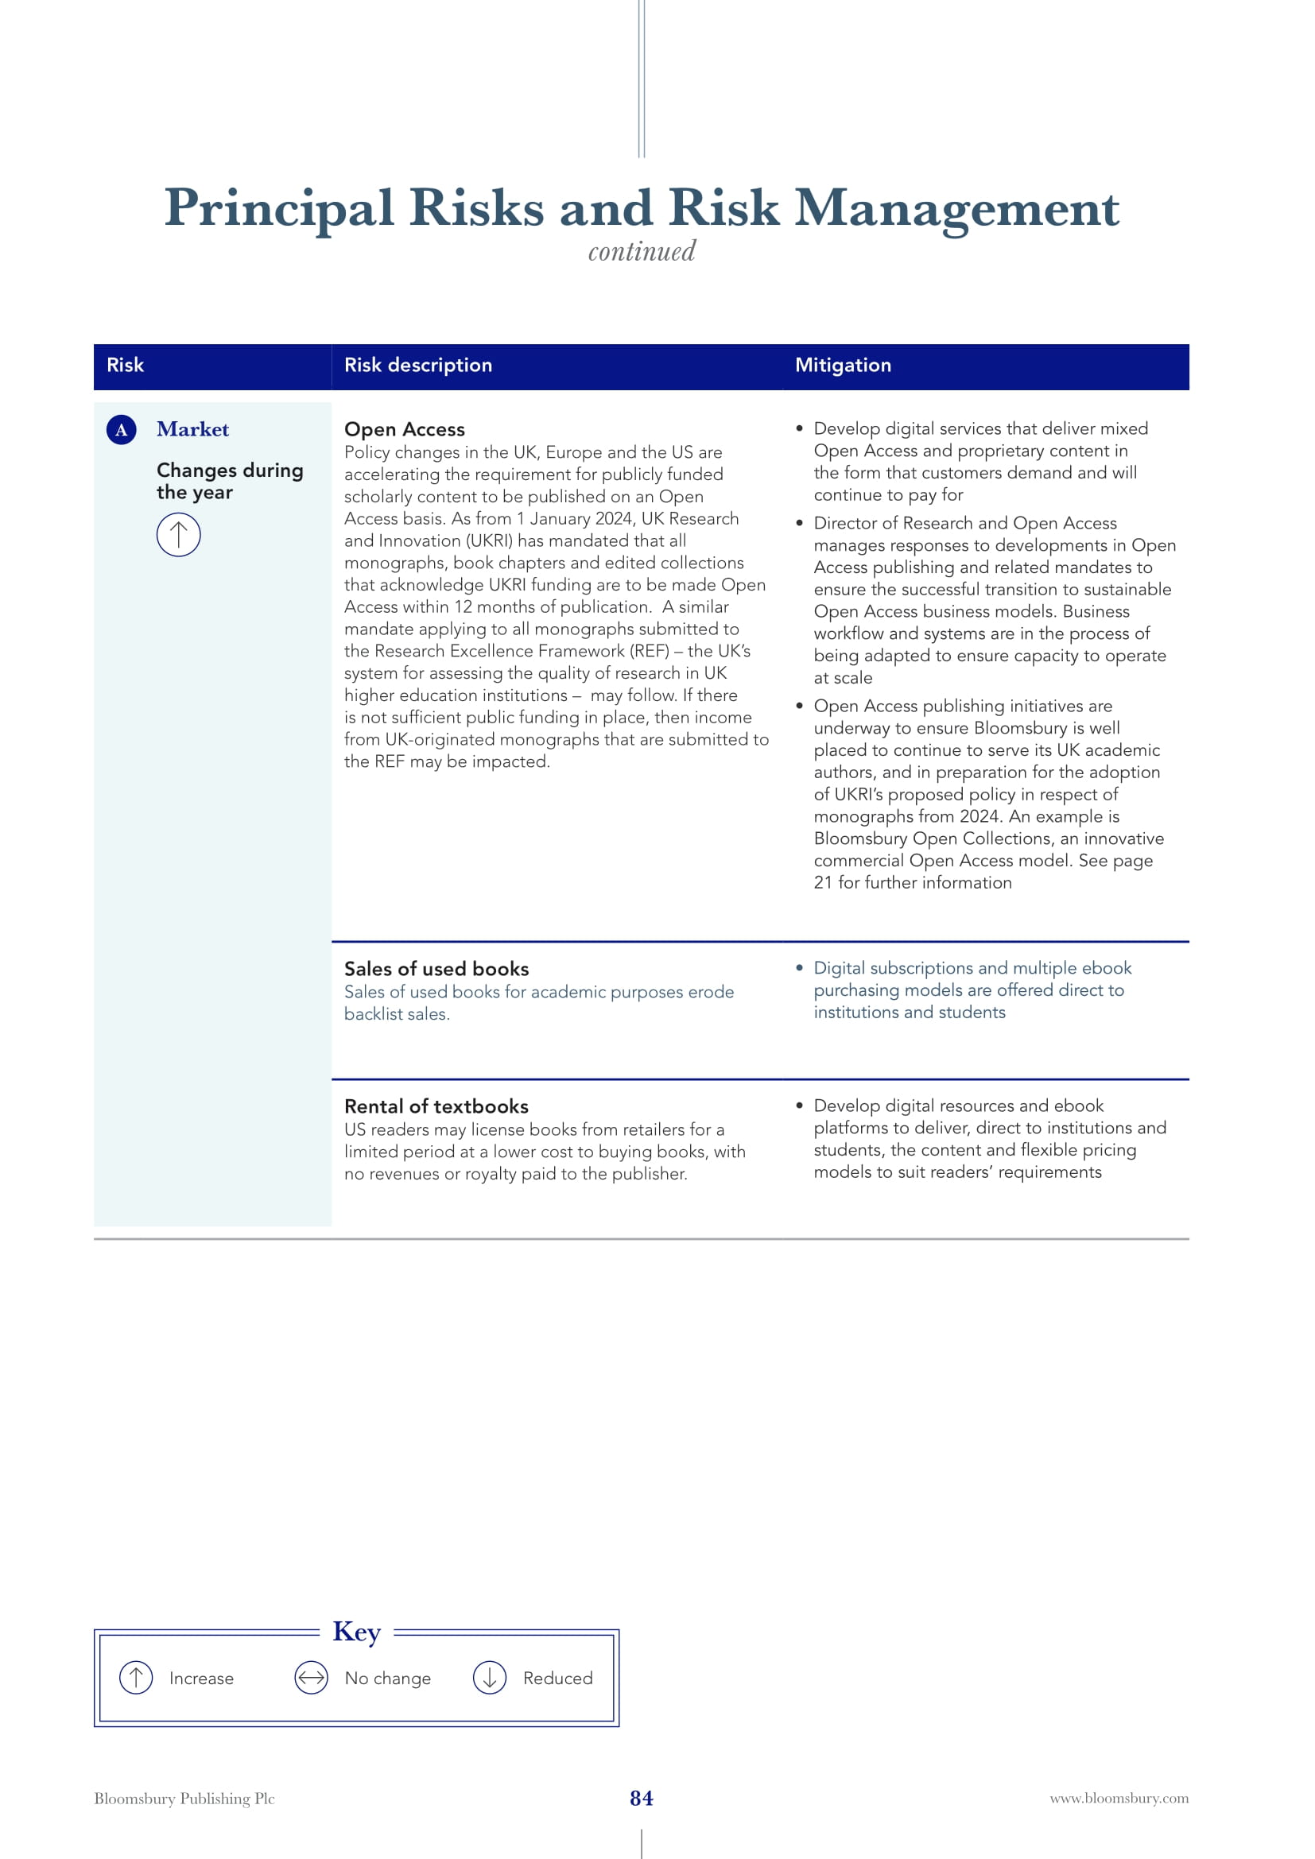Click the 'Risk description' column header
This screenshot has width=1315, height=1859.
click(418, 365)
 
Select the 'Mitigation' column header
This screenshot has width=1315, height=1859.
click(842, 365)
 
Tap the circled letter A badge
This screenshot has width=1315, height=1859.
click(122, 430)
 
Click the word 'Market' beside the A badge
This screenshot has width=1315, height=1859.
click(192, 429)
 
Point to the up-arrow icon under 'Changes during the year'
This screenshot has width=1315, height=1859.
click(178, 535)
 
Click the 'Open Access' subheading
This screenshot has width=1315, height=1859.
click(404, 429)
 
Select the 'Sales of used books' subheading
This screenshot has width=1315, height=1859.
click(436, 968)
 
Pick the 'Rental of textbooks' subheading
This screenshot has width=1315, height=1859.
click(436, 1106)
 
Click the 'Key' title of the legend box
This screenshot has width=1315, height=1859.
click(356, 1632)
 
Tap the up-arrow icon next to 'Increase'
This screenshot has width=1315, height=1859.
click(136, 1678)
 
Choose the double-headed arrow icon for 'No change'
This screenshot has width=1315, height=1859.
click(311, 1678)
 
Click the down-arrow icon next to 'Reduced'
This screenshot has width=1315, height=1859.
click(489, 1678)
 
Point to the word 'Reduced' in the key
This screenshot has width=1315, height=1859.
click(557, 1678)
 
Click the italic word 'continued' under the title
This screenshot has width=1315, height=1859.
click(642, 252)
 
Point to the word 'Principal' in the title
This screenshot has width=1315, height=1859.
click(279, 208)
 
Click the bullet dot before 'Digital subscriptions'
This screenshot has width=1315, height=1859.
click(799, 967)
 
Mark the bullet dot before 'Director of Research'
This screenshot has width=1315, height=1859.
click(799, 523)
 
